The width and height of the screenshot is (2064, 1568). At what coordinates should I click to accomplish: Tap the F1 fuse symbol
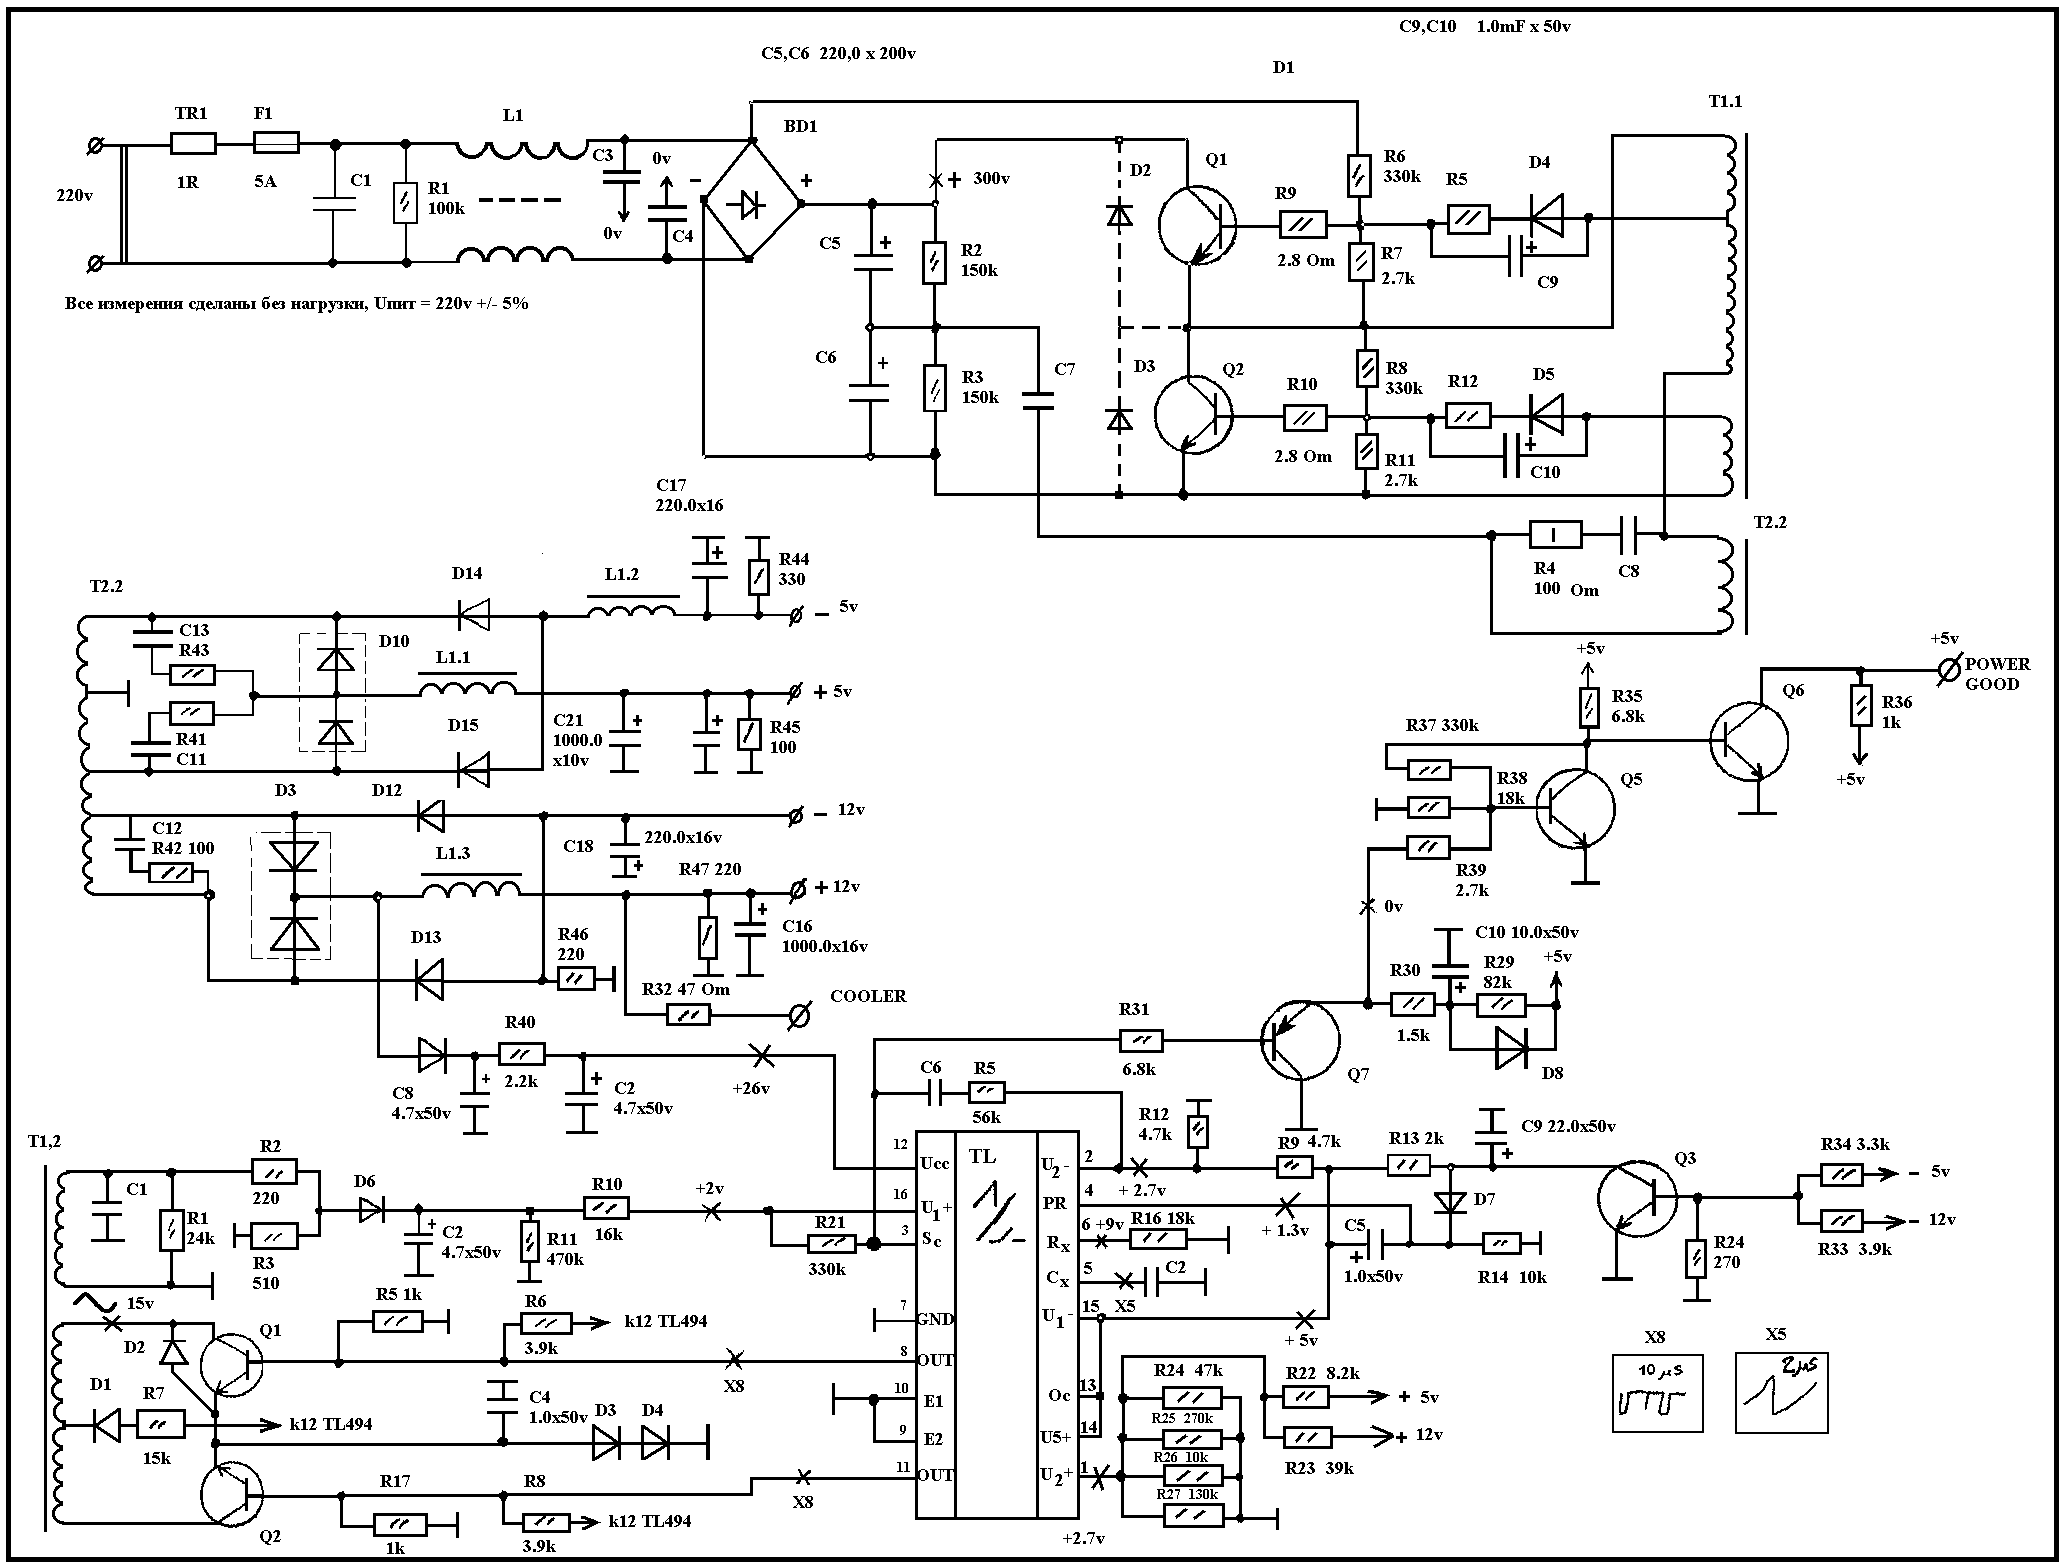pyautogui.click(x=276, y=143)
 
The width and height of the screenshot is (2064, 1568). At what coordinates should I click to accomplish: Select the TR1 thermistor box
pyautogui.click(x=193, y=143)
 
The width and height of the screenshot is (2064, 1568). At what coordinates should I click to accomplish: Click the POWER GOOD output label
pyautogui.click(x=1997, y=674)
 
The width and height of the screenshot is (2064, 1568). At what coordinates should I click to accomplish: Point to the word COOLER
pyautogui.click(x=868, y=996)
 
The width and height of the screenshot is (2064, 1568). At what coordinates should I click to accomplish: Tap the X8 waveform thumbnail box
pyautogui.click(x=1657, y=1393)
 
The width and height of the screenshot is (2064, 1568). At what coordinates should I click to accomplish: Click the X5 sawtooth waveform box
pyautogui.click(x=1781, y=1393)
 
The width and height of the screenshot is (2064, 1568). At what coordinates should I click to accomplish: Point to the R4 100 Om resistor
pyautogui.click(x=1556, y=536)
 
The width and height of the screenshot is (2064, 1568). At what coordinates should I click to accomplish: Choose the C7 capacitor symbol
pyautogui.click(x=1039, y=401)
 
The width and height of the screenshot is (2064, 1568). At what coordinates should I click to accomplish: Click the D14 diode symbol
pyautogui.click(x=473, y=615)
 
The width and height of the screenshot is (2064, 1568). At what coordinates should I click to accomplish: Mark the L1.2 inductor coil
pyautogui.click(x=632, y=609)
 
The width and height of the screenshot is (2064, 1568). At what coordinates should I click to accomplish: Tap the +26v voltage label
pyautogui.click(x=752, y=1089)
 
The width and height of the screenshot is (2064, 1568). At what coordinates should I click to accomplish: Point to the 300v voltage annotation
pyautogui.click(x=990, y=179)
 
